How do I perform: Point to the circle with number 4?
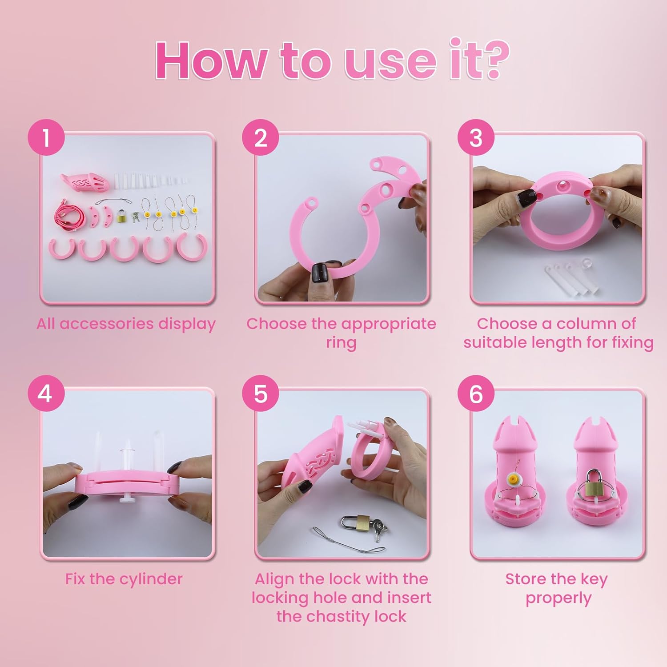[46, 394]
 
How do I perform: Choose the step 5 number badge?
[261, 394]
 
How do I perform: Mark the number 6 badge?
[476, 394]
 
